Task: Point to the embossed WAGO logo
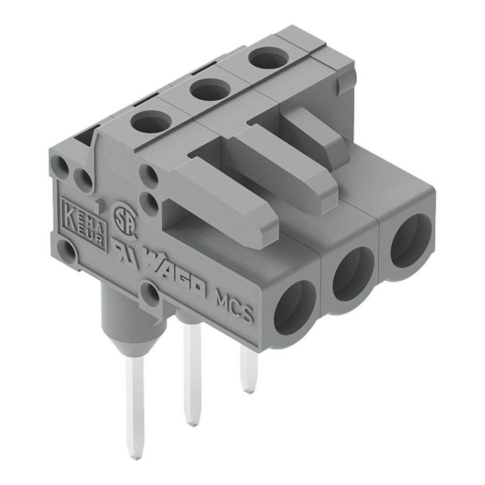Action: coord(174,276)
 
